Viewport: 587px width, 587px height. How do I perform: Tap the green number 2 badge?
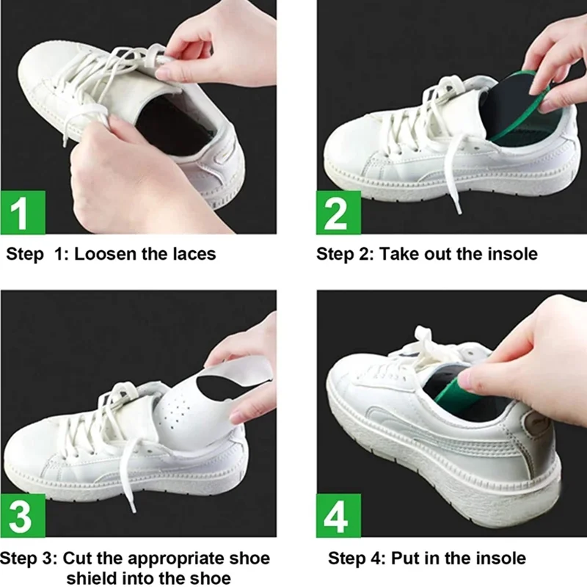(x=338, y=213)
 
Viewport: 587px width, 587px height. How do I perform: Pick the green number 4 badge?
(x=338, y=516)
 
